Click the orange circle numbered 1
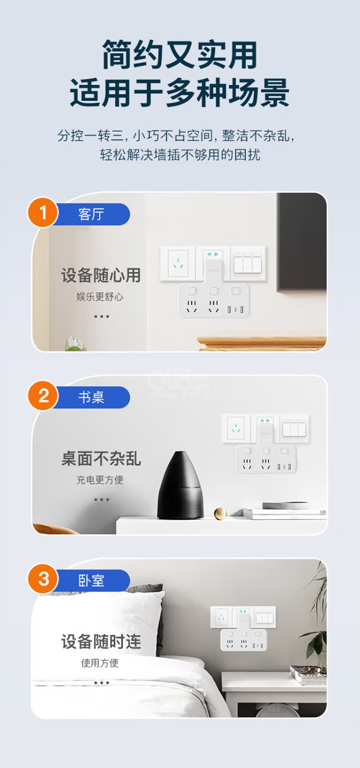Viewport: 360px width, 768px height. [x=43, y=212]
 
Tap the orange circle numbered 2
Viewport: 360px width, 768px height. [x=43, y=396]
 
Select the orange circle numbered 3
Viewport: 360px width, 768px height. [x=43, y=579]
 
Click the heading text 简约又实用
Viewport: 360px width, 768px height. [x=180, y=54]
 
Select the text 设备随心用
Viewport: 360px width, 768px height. [x=101, y=275]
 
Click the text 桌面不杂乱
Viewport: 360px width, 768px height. [x=101, y=458]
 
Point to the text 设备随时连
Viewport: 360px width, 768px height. [x=101, y=642]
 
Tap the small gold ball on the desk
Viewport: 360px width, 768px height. [x=220, y=513]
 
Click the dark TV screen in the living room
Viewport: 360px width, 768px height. [x=302, y=242]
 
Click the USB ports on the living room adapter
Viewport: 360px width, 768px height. [x=235, y=310]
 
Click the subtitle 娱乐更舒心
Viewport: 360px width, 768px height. [x=99, y=296]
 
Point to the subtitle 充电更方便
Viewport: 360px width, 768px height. [x=99, y=480]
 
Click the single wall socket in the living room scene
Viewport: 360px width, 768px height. [x=178, y=263]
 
